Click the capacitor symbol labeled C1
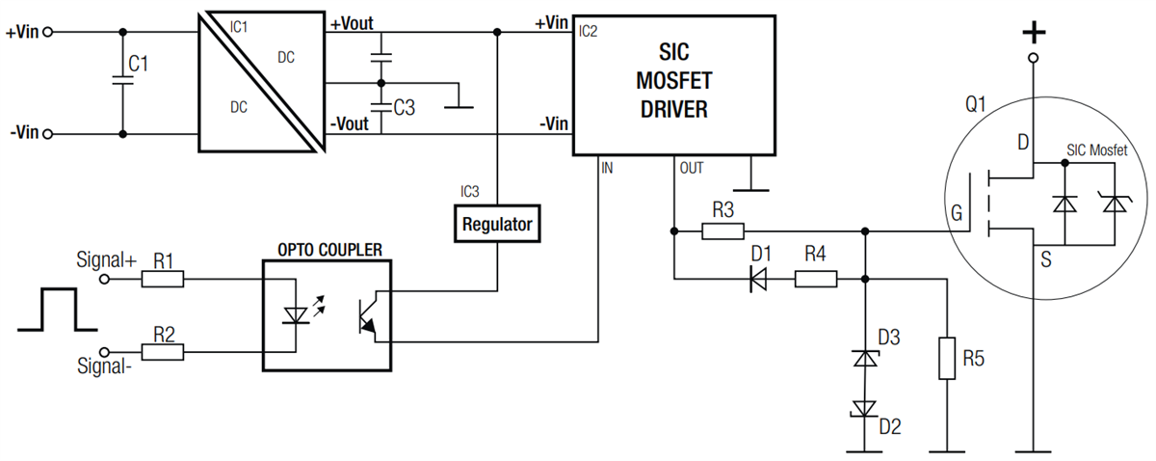pyautogui.click(x=122, y=83)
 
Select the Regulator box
pyautogui.click(x=496, y=224)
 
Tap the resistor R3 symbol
pyautogui.click(x=722, y=231)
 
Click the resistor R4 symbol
pyautogui.click(x=815, y=280)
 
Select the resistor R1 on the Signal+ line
pyautogui.click(x=162, y=280)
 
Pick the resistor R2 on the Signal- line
pyautogui.click(x=162, y=352)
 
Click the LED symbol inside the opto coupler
pyautogui.click(x=294, y=315)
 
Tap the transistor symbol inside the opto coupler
pyautogui.click(x=366, y=315)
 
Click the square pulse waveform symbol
pyautogui.click(x=47, y=310)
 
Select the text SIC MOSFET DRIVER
pyautogui.click(x=673, y=81)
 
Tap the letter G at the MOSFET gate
pyautogui.click(x=956, y=214)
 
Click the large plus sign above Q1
pyautogui.click(x=1033, y=33)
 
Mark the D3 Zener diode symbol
pyautogui.click(x=865, y=358)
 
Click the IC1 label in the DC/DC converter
pyautogui.click(x=238, y=27)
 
